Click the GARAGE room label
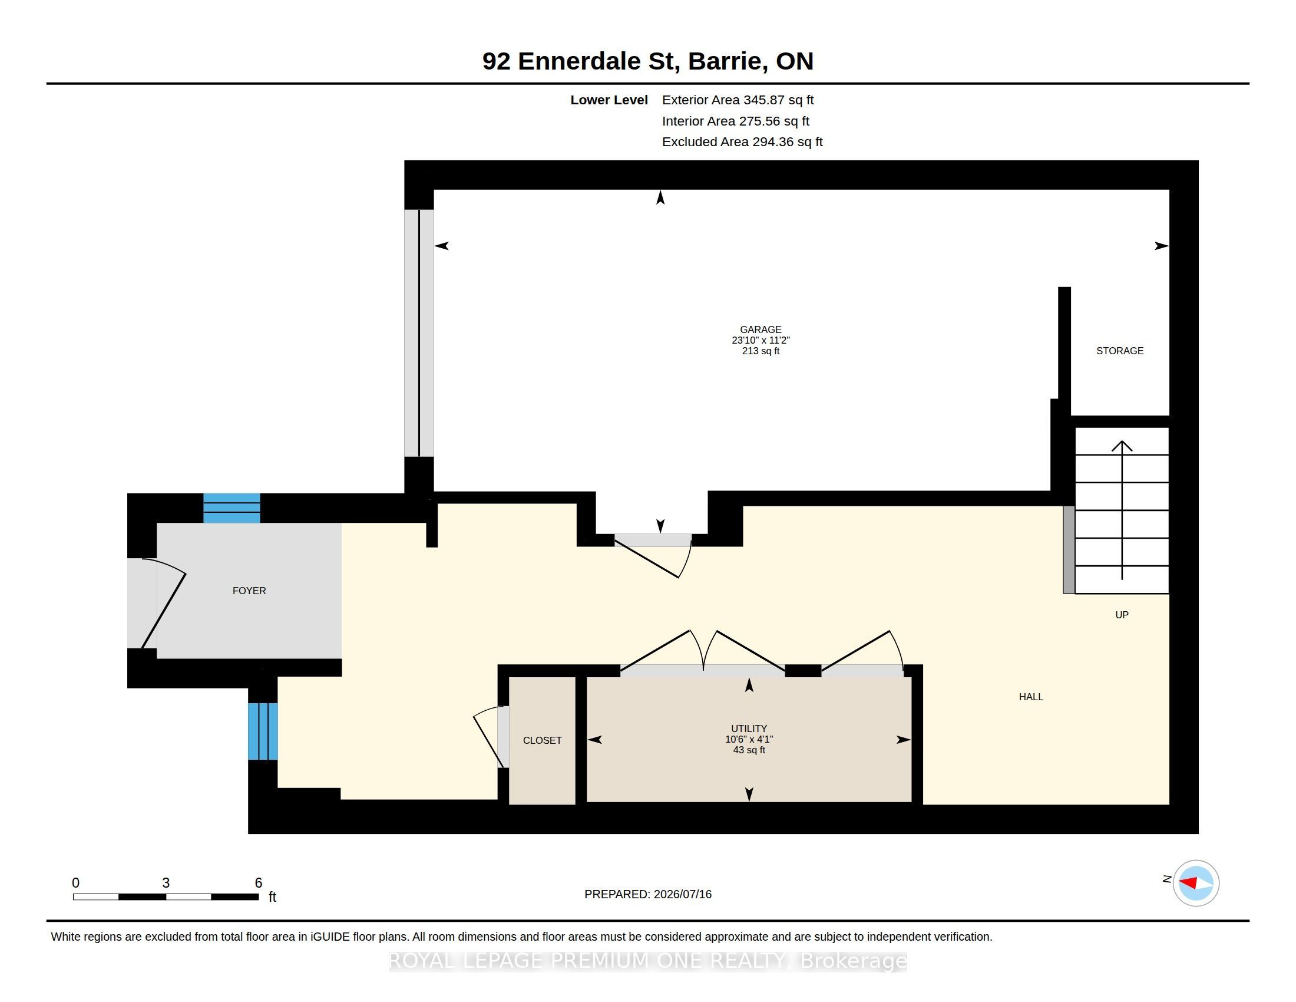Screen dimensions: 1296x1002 pos(760,329)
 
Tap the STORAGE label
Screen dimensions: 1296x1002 pos(1120,351)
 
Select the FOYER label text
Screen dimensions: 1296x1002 pos(249,591)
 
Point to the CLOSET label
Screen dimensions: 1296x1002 pos(543,740)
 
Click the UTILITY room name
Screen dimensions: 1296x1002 pos(749,729)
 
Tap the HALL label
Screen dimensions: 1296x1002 pos(1031,697)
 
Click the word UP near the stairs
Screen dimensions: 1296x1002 pos(1122,615)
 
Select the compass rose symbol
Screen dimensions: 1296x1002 pos(1196,884)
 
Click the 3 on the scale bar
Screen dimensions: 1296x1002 pos(166,883)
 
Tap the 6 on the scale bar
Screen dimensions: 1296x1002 pos(258,883)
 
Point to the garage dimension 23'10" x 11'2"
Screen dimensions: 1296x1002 pos(760,340)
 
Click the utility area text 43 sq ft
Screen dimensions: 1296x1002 pos(749,750)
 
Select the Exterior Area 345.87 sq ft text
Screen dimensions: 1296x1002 pos(738,100)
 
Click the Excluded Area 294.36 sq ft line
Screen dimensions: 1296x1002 pos(742,142)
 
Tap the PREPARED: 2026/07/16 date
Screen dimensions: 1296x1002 pos(648,894)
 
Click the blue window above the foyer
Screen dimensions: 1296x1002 pos(232,508)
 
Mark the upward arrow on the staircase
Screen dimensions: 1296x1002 pos(1122,510)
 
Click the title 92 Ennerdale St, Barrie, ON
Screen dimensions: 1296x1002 pos(648,61)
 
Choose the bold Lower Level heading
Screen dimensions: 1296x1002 pos(609,100)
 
